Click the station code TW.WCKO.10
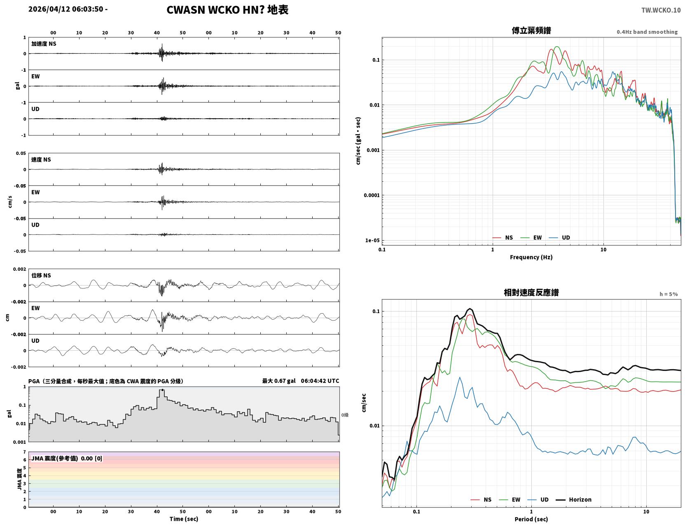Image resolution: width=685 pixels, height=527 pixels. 661,10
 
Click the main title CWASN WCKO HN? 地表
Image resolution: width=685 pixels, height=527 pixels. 227,10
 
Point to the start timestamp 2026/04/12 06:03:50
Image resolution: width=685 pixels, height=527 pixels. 66,9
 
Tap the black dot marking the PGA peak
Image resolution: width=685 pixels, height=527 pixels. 162,390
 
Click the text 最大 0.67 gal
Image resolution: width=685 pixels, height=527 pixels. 279,381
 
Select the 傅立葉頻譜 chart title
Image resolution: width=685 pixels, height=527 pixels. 531,30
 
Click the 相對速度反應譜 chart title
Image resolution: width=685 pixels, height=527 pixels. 531,293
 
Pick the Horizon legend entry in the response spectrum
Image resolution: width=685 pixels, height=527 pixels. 573,499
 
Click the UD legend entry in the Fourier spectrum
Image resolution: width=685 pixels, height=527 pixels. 559,238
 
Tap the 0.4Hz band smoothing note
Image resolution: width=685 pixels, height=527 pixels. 647,32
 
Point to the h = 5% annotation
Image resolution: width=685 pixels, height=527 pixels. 668,294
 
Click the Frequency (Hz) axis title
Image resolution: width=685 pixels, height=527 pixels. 531,257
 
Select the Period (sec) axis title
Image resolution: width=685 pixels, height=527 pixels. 531,519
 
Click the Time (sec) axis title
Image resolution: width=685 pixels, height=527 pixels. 184,519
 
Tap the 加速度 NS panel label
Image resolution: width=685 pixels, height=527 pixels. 44,44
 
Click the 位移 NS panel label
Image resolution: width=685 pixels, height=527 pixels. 41,276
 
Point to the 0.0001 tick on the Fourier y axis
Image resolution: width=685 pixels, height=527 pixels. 372,195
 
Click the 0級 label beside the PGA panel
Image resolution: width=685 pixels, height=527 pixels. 345,415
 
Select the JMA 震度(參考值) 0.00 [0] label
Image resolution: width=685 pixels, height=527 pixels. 66,458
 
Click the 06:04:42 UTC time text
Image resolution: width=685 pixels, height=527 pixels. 320,381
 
